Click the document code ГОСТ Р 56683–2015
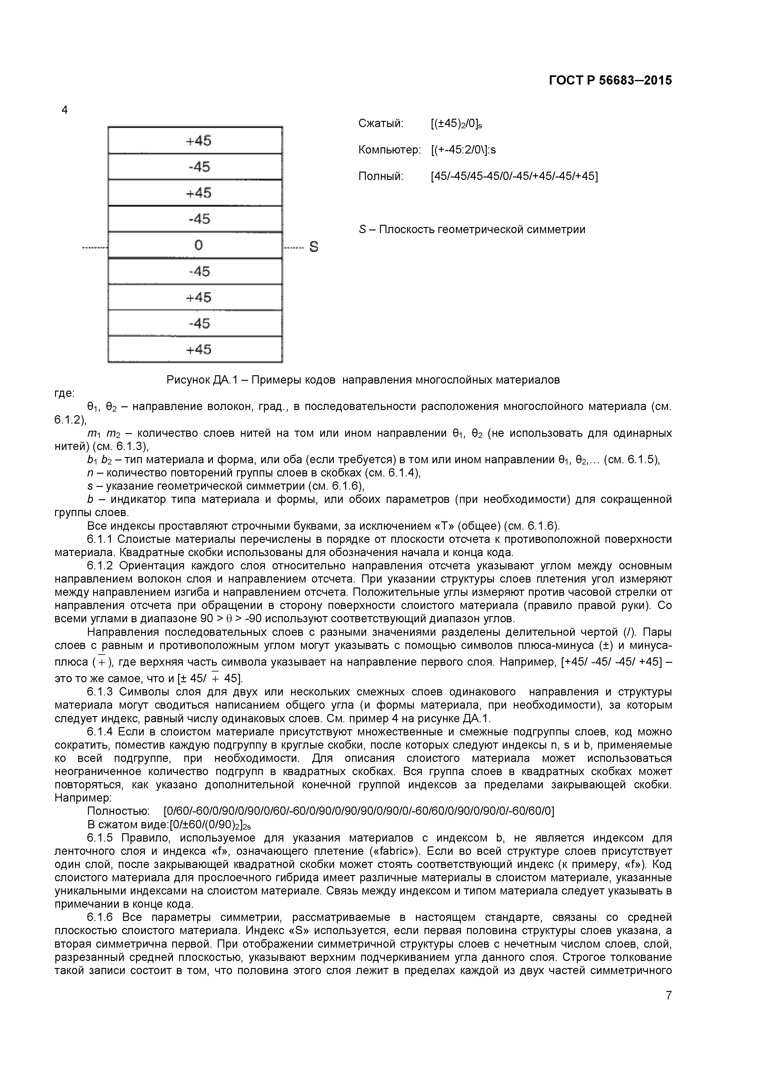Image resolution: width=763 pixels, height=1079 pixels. click(x=610, y=80)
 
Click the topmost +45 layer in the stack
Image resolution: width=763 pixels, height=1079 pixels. click(x=198, y=141)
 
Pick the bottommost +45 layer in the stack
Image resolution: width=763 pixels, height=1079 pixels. click(x=198, y=349)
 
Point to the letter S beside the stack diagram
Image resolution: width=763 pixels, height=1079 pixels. click(x=314, y=247)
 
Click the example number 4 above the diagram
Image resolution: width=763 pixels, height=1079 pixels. click(x=64, y=110)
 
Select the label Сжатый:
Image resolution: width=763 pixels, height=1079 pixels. click(x=381, y=124)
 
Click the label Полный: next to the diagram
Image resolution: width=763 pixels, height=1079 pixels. click(x=381, y=176)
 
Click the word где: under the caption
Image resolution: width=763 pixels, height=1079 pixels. click(x=64, y=393)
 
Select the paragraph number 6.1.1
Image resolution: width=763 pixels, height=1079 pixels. click(x=100, y=539)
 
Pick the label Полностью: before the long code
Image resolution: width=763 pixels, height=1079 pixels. click(x=118, y=811)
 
